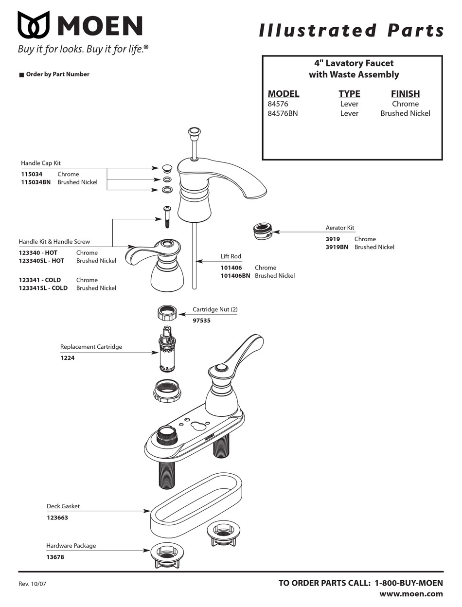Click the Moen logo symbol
(x=34, y=25)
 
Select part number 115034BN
(x=36, y=182)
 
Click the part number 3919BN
(x=337, y=247)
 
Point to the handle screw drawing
(x=167, y=215)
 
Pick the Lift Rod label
(x=231, y=256)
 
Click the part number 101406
(x=231, y=268)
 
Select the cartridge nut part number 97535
(x=201, y=321)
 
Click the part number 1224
(x=67, y=358)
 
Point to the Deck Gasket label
(x=63, y=506)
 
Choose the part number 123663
(x=57, y=518)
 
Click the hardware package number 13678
(x=55, y=557)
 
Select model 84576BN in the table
(x=283, y=113)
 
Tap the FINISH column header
(x=405, y=94)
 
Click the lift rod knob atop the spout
(x=194, y=132)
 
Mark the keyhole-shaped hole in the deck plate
(x=198, y=426)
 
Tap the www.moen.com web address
(x=411, y=594)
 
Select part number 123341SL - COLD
(x=43, y=288)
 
